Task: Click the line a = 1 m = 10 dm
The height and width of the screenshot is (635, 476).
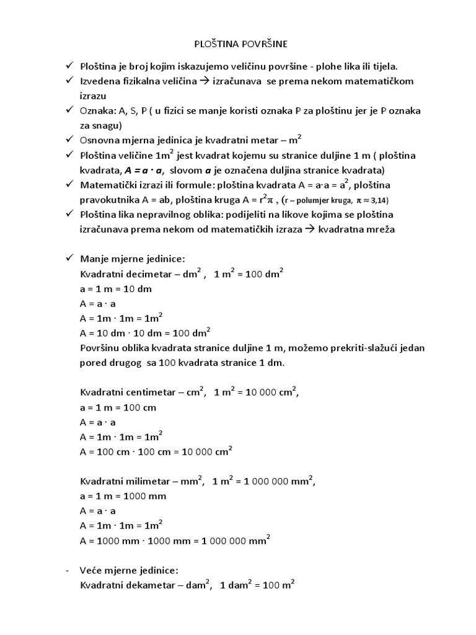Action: (x=116, y=289)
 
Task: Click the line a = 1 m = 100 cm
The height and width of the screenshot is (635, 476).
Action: (x=118, y=407)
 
